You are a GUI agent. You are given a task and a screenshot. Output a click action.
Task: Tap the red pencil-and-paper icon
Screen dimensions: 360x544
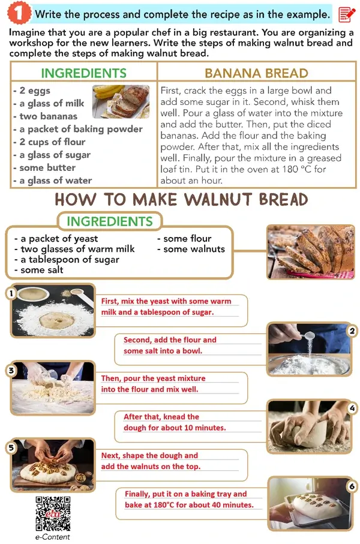point(346,14)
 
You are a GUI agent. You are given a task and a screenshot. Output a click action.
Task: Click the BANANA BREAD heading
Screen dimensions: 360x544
point(256,73)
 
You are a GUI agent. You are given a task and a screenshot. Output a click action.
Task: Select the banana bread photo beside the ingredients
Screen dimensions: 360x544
point(121,101)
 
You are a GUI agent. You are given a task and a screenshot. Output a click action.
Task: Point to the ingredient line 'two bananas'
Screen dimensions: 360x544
point(45,116)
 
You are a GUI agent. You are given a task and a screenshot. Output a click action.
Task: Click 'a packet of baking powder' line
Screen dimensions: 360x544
point(78,129)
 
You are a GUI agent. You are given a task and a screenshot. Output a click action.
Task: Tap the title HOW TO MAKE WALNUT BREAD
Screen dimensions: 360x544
point(181,200)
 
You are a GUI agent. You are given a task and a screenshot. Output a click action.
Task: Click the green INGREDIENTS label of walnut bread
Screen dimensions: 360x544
point(110,221)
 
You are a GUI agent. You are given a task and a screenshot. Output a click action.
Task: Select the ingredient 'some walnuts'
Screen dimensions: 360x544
point(191,249)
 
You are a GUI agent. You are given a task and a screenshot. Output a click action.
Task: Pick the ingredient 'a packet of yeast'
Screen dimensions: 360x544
point(56,239)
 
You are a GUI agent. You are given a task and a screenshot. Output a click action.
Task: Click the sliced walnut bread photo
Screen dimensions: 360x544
point(311,252)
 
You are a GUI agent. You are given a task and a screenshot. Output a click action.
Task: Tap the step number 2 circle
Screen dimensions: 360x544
point(352,331)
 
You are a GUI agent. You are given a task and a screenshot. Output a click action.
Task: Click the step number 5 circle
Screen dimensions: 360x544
point(11,447)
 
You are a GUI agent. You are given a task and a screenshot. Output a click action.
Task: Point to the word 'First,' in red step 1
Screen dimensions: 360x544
point(110,301)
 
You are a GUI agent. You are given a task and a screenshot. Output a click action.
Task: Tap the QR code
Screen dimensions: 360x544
point(53,513)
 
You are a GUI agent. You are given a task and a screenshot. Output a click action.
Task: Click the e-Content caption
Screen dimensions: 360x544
point(53,537)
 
